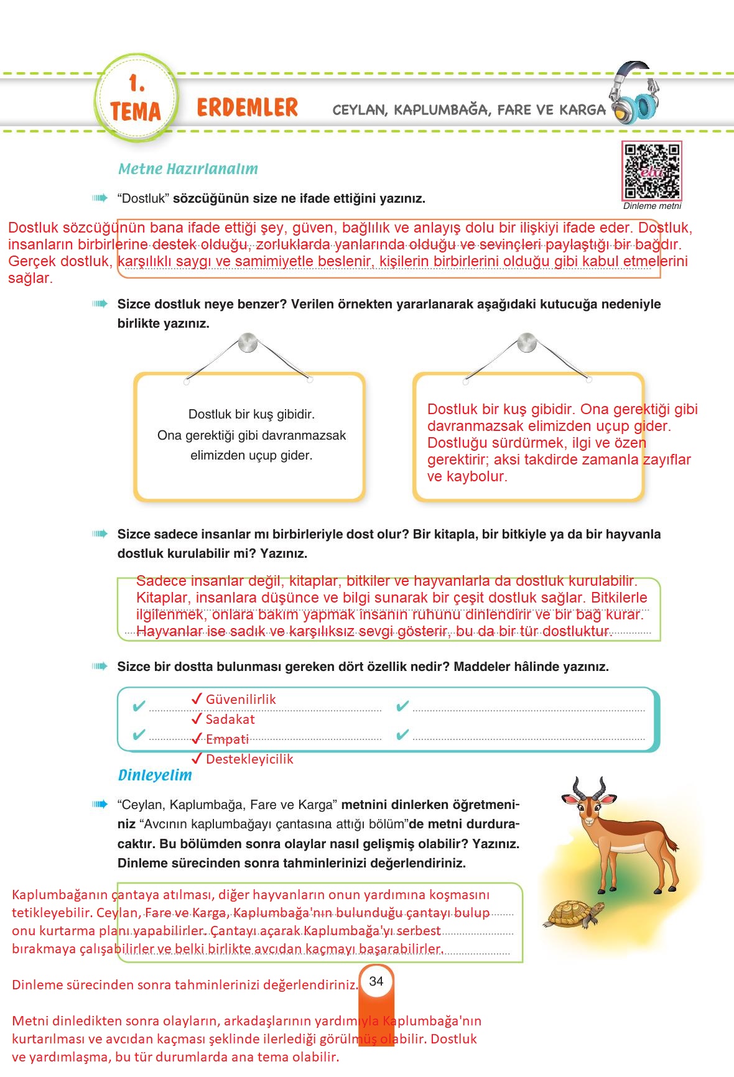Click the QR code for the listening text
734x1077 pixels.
pyautogui.click(x=652, y=171)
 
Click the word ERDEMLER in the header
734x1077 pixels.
pyautogui.click(x=247, y=108)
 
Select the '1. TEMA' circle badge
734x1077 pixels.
pyautogui.click(x=136, y=98)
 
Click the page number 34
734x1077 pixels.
pyautogui.click(x=376, y=981)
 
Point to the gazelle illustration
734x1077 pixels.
pyautogui.click(x=622, y=839)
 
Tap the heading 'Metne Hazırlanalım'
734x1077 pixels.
pyautogui.click(x=188, y=169)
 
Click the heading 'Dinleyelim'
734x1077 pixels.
pyautogui.click(x=155, y=775)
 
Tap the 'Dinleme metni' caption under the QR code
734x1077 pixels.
pyautogui.click(x=652, y=206)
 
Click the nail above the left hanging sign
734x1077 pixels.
pyautogui.click(x=247, y=343)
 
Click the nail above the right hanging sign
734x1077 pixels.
pyautogui.click(x=526, y=342)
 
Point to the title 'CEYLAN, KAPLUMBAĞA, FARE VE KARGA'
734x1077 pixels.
pyautogui.click(x=469, y=110)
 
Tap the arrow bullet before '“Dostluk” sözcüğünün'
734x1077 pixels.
pyautogui.click(x=100, y=198)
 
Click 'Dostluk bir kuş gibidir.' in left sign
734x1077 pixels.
pyautogui.click(x=251, y=414)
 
